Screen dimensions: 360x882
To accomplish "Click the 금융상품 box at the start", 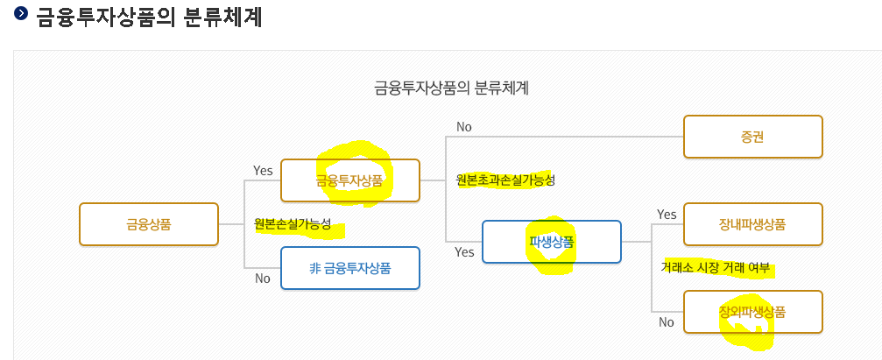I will [x=148, y=224].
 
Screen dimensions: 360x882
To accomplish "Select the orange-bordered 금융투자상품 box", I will [x=349, y=181].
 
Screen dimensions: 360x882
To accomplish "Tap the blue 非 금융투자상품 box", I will [x=349, y=268].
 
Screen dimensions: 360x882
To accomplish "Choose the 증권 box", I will [x=752, y=138].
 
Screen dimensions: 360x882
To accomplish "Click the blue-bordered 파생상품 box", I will [x=551, y=242].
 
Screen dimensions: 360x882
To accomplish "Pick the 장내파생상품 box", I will [x=752, y=224].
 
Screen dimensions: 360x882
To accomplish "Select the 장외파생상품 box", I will [x=752, y=312].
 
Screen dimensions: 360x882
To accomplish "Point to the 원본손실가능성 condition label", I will [x=293, y=223].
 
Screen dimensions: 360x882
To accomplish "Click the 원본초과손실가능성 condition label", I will [x=505, y=180].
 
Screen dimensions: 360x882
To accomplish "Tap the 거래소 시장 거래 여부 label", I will [x=716, y=268].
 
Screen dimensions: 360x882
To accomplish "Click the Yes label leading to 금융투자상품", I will [x=263, y=171].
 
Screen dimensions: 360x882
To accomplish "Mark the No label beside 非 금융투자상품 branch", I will [x=263, y=279].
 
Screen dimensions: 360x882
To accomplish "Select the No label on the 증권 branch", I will [x=464, y=127].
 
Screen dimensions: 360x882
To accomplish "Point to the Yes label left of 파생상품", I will [x=464, y=252].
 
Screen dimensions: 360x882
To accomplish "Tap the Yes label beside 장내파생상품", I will [x=667, y=215].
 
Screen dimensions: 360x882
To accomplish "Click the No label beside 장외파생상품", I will [x=667, y=322].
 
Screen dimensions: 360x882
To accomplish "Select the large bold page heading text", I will [x=150, y=17].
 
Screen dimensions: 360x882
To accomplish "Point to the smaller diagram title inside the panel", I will [x=452, y=88].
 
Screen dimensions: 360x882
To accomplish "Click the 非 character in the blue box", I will [x=314, y=268].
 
